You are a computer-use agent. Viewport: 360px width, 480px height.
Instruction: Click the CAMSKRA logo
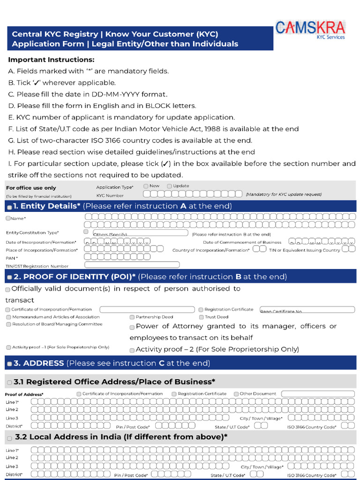pyautogui.click(x=310, y=29)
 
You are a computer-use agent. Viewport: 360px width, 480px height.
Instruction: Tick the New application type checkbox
pyautogui.click(x=146, y=186)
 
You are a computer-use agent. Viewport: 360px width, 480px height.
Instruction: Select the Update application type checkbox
pyautogui.click(x=169, y=186)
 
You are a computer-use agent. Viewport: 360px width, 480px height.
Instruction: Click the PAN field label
pyautogui.click(x=12, y=258)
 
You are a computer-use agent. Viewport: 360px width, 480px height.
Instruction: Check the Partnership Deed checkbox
pyautogui.click(x=132, y=317)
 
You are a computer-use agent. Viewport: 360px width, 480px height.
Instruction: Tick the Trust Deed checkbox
pyautogui.click(x=201, y=317)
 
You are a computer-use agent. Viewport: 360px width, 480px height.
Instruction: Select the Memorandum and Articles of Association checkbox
pyautogui.click(x=8, y=317)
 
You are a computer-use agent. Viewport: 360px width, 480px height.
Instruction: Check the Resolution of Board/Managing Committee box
pyautogui.click(x=8, y=324)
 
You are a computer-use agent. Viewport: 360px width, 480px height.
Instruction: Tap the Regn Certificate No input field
pyautogui.click(x=307, y=310)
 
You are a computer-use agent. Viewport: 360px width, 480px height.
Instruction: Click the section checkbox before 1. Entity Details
pyautogui.click(x=10, y=207)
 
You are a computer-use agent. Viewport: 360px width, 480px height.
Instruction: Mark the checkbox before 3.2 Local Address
pyautogui.click(x=9, y=438)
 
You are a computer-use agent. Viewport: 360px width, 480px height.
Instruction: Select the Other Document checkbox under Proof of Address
pyautogui.click(x=236, y=394)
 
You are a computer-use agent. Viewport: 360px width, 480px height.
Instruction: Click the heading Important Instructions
pyautogui.click(x=51, y=60)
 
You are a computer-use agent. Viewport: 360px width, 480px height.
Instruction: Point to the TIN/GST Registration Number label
pyautogui.click(x=37, y=266)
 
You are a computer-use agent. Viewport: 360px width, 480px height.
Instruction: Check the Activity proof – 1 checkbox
pyautogui.click(x=8, y=347)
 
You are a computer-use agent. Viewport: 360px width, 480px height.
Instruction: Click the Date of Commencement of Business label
pyautogui.click(x=242, y=242)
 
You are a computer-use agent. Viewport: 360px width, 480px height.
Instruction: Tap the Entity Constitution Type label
pyautogui.click(x=32, y=233)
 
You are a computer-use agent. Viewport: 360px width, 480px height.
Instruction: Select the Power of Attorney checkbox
pyautogui.click(x=132, y=327)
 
